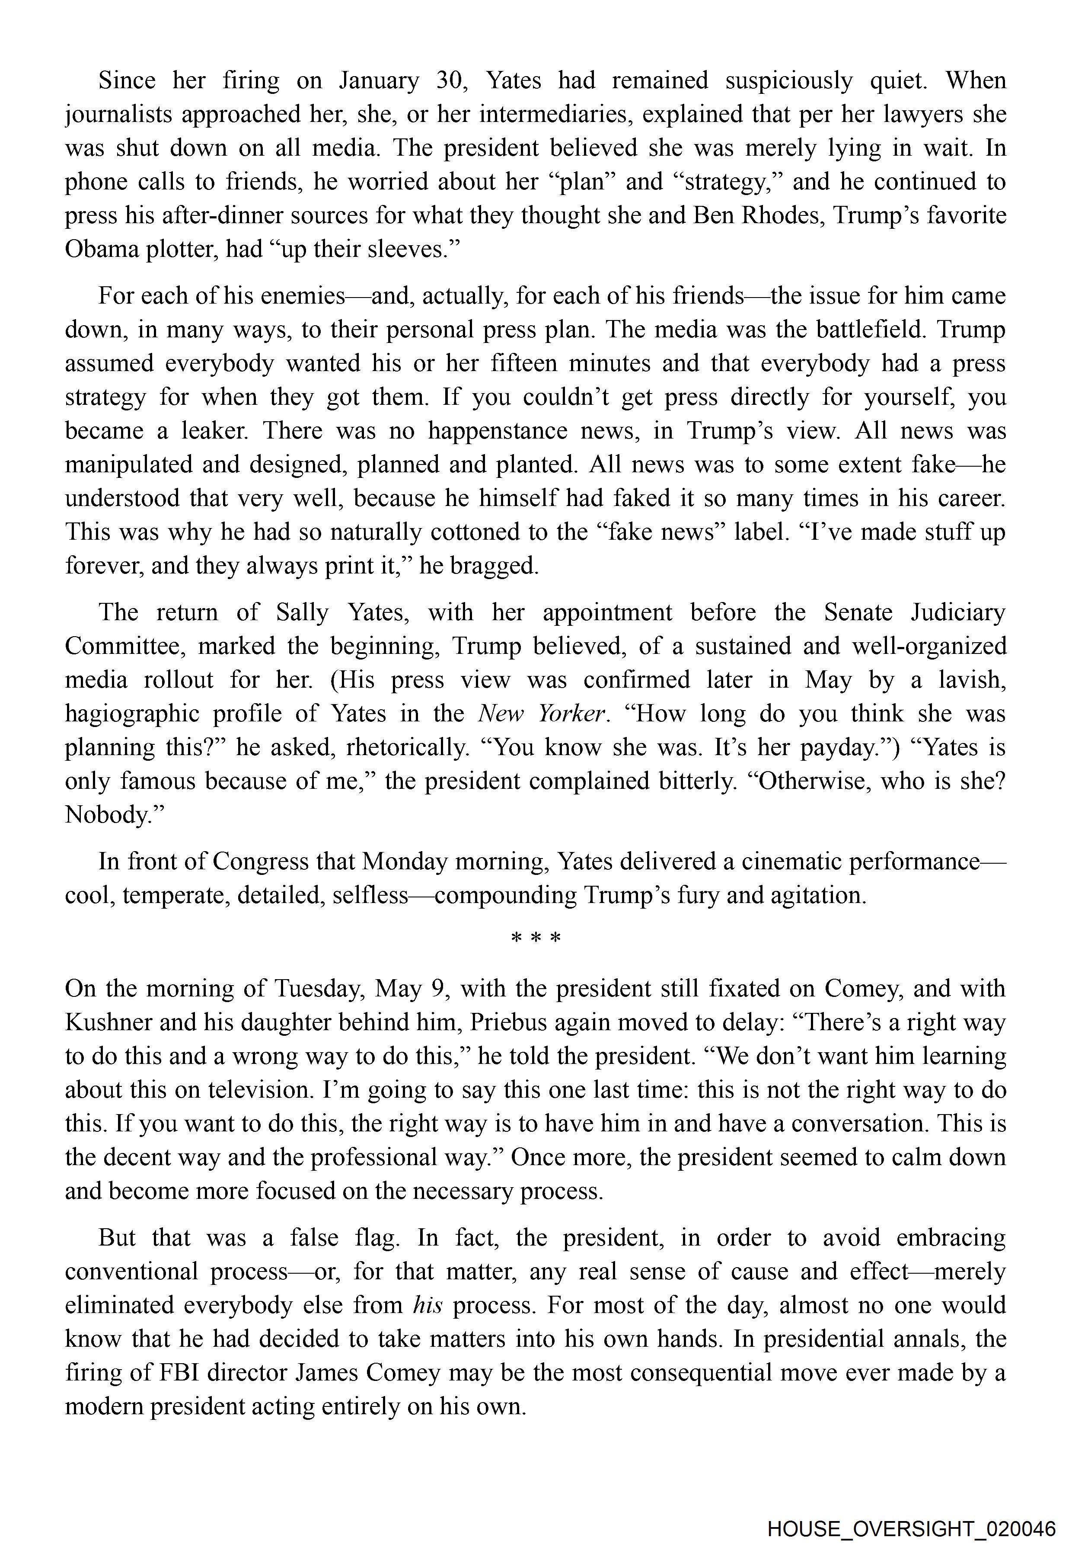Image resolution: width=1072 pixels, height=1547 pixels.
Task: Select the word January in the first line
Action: click(379, 80)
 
